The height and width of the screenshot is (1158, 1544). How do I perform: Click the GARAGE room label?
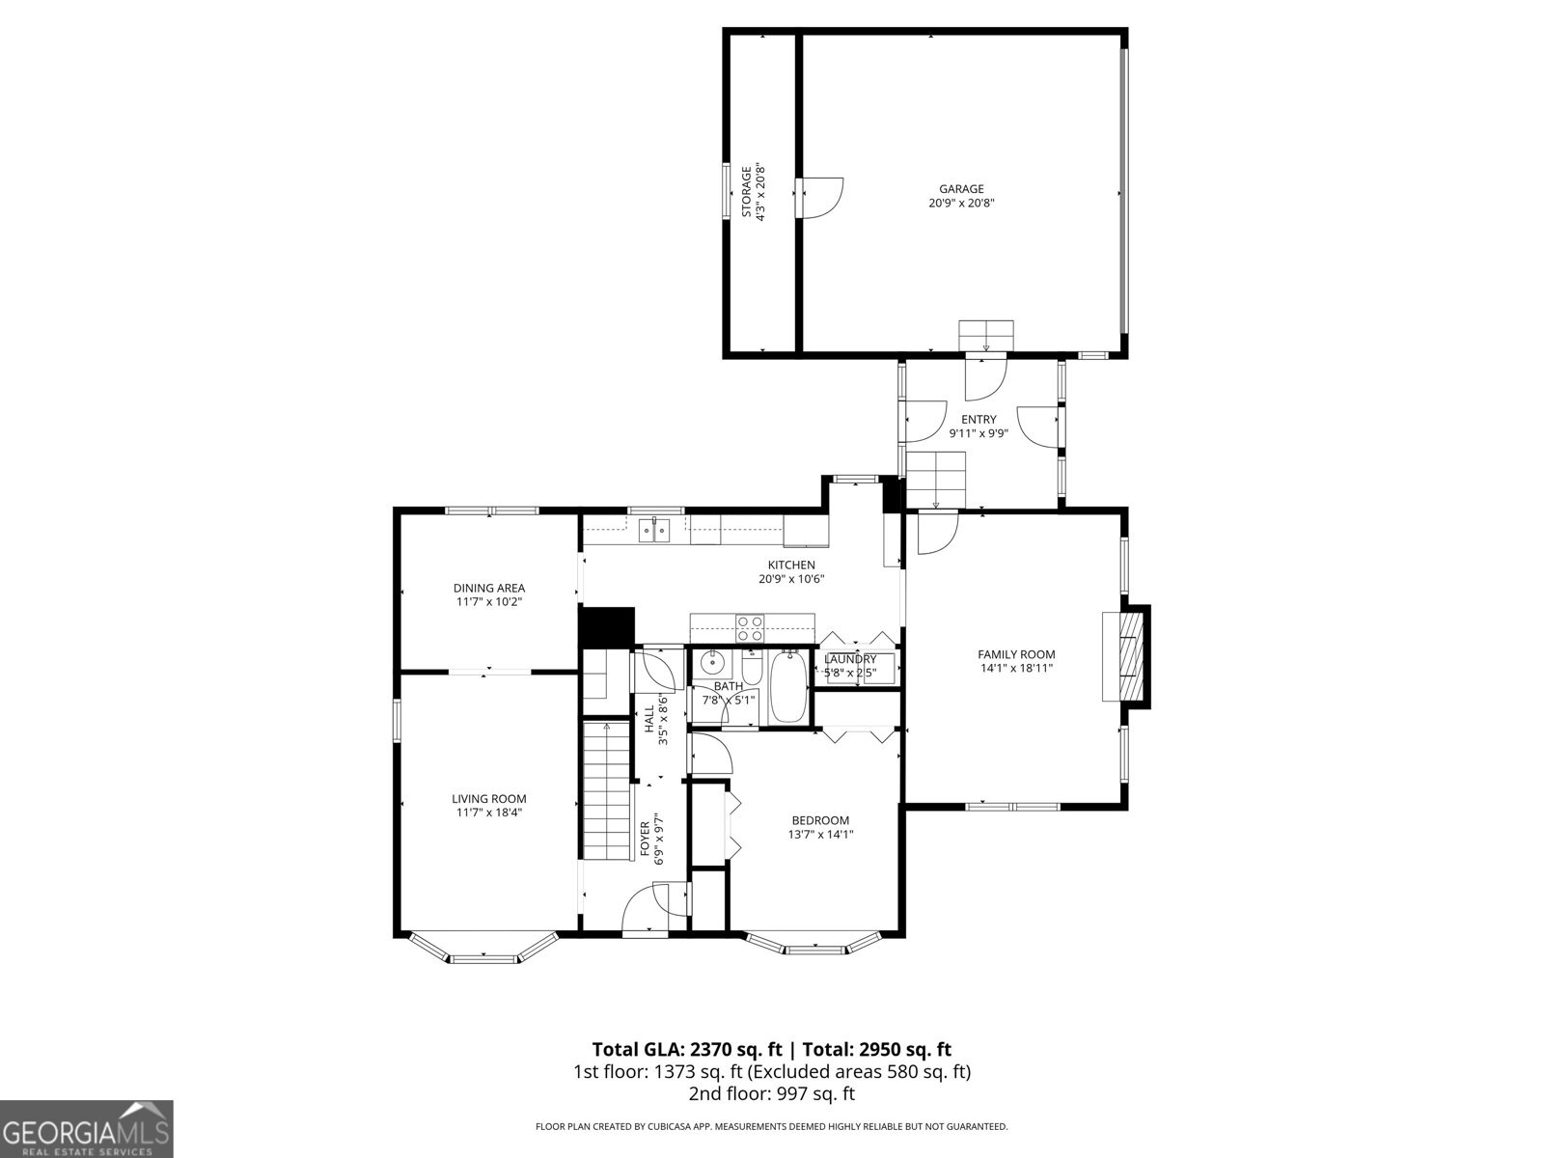(x=961, y=189)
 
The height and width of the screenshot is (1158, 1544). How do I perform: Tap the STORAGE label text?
(x=746, y=192)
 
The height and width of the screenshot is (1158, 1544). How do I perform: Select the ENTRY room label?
(x=979, y=419)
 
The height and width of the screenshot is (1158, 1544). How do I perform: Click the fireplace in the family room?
(x=1126, y=657)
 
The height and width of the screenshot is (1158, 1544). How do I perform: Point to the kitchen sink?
(x=654, y=530)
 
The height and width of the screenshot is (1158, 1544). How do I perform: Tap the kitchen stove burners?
(x=750, y=628)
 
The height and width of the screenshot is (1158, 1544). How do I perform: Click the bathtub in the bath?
(x=788, y=687)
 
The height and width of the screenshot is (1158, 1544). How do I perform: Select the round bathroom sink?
(x=714, y=662)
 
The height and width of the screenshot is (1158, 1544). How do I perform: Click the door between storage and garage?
(x=820, y=199)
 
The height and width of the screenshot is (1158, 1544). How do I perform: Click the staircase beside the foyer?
(x=606, y=791)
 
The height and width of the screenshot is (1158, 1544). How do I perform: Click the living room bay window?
(x=483, y=950)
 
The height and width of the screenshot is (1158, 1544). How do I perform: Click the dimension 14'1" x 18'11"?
(x=1016, y=668)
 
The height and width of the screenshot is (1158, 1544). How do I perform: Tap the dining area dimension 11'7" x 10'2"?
(x=489, y=601)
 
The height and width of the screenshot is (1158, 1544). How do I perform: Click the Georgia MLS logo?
(x=87, y=1128)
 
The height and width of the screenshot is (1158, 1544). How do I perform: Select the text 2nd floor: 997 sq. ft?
(x=771, y=1093)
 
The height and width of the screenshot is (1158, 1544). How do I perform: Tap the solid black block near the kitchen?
(x=606, y=626)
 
